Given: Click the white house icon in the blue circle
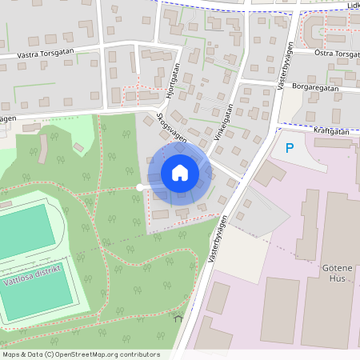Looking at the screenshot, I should click(x=180, y=172).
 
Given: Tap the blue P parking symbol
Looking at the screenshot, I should click(x=290, y=148).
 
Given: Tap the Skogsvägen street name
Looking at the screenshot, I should click(x=172, y=128).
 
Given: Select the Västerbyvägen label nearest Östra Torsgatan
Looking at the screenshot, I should click(x=284, y=64).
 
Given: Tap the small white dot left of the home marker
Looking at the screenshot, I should click(x=140, y=187).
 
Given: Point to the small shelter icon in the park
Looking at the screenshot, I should click(x=178, y=318).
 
